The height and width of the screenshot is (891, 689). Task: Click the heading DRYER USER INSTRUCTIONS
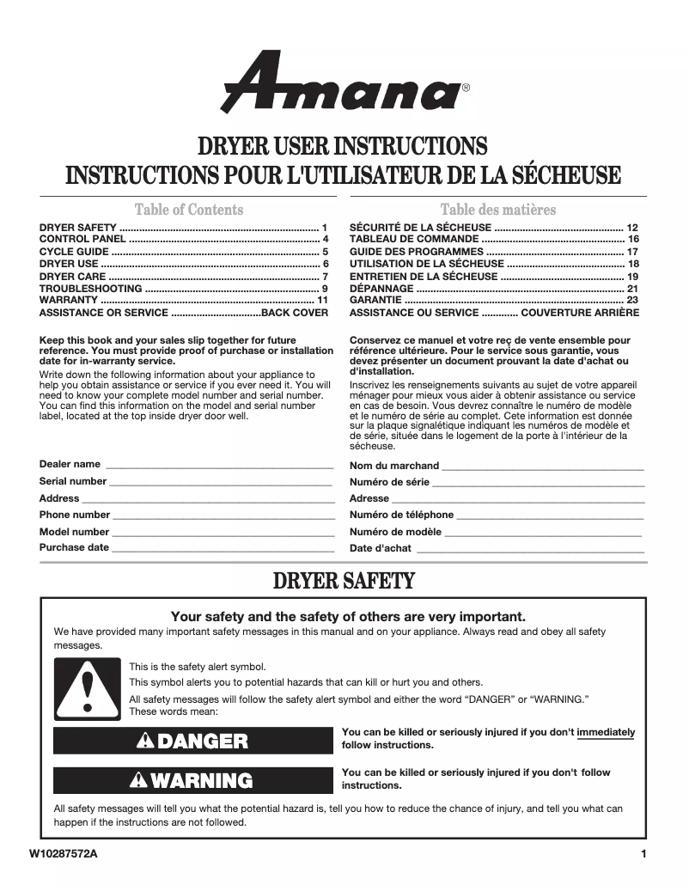tap(343, 145)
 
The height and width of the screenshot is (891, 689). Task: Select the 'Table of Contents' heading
tap(189, 210)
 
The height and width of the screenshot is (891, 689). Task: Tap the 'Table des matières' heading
tap(497, 210)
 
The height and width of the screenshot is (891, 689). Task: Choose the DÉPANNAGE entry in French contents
tap(381, 289)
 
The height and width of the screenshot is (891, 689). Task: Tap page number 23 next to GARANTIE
tap(632, 302)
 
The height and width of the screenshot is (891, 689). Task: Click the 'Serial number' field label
tap(73, 481)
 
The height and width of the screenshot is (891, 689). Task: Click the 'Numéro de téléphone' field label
tap(401, 516)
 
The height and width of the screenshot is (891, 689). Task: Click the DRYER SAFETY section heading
tap(344, 582)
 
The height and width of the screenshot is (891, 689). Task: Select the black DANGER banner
tap(193, 741)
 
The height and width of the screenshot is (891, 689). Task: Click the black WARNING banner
tap(193, 780)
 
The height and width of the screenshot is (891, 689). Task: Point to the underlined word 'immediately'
tap(607, 733)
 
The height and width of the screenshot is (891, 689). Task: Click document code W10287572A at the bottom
tap(63, 854)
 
